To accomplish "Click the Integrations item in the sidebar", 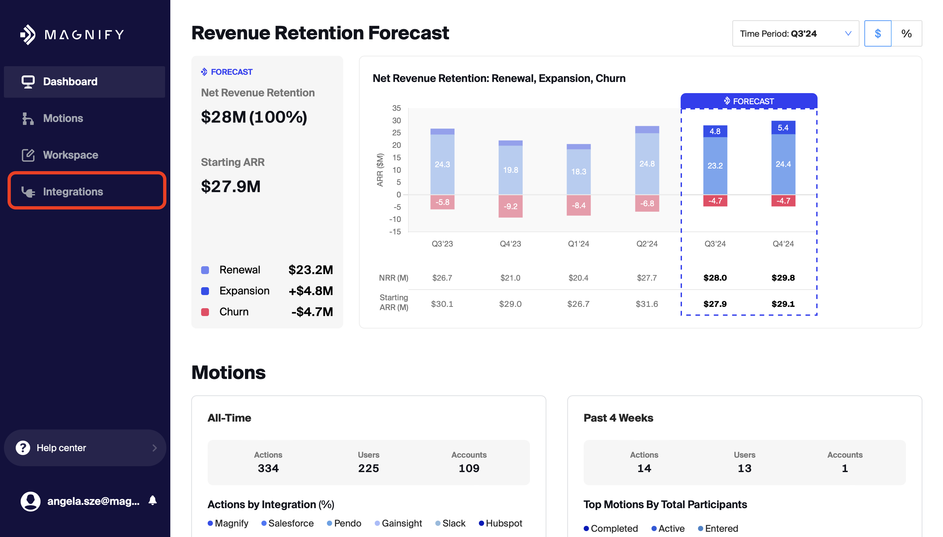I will (x=73, y=191).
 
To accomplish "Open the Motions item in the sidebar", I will (x=63, y=118).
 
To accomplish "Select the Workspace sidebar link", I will (x=70, y=155).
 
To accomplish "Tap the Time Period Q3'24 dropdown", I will (x=795, y=33).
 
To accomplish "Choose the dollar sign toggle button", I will (x=877, y=33).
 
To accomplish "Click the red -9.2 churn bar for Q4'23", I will (x=510, y=206).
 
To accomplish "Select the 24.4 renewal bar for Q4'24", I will (x=783, y=164).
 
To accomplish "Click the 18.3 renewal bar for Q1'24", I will (x=578, y=171).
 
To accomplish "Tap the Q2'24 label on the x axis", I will (x=647, y=244).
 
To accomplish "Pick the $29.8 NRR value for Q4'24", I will (x=783, y=278).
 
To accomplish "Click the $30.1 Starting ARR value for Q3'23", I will (x=442, y=304).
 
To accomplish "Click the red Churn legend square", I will (x=205, y=312).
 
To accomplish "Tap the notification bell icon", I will (x=153, y=501).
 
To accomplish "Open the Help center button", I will (x=85, y=448).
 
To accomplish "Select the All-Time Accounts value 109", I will (x=469, y=468).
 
